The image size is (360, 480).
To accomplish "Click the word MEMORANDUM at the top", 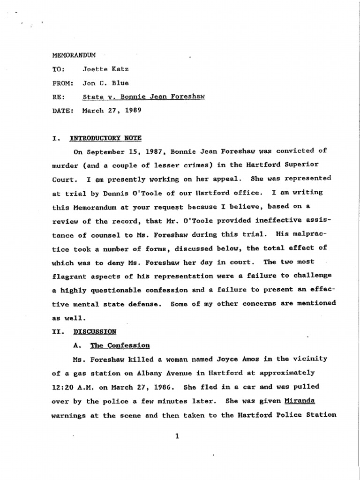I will pos(74,55).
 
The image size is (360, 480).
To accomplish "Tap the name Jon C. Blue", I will pos(105,83).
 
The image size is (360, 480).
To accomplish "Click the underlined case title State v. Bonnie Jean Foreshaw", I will pos(143,97).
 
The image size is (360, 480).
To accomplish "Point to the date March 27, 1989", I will pos(112,112).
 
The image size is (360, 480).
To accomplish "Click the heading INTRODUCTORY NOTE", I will pos(105,138).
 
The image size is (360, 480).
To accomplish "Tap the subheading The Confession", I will pos(120,345).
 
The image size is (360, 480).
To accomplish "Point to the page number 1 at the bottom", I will pos(177,437).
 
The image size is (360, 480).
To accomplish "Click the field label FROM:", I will pos(63,83).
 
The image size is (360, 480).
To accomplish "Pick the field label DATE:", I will pos(63,112).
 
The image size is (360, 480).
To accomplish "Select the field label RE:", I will pos(58,97).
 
